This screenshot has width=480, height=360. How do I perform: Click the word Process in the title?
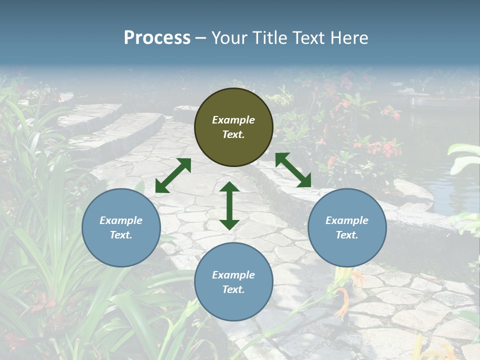click(x=157, y=37)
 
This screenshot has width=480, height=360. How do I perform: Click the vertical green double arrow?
click(x=229, y=205)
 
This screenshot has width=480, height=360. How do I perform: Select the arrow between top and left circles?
click(x=173, y=175)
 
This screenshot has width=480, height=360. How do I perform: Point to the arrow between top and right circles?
click(x=293, y=170)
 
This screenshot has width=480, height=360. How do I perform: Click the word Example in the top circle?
click(x=233, y=120)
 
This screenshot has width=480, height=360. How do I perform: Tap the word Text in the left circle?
click(x=121, y=235)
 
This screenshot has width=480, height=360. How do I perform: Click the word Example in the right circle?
click(x=347, y=220)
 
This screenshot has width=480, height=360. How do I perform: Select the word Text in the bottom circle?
click(x=233, y=289)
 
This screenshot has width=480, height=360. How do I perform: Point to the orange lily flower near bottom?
click(x=342, y=295)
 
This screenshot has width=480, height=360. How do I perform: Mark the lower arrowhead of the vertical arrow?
click(x=229, y=223)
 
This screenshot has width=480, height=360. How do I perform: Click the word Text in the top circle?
click(x=233, y=135)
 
